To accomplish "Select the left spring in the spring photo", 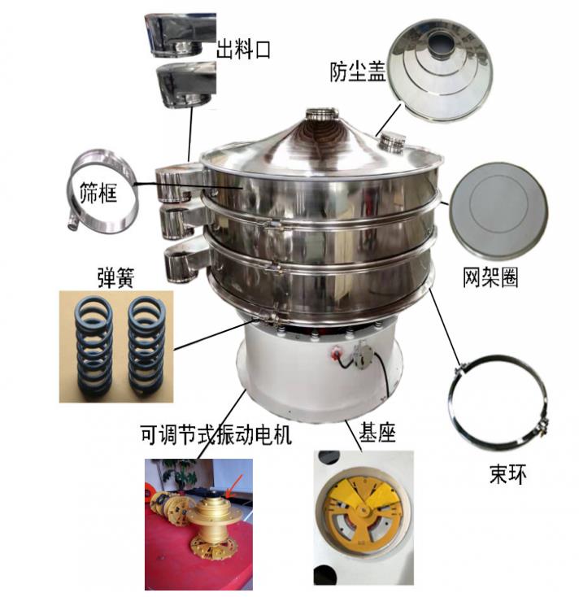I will coord(92,345).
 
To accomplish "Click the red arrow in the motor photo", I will coord(234,487).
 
